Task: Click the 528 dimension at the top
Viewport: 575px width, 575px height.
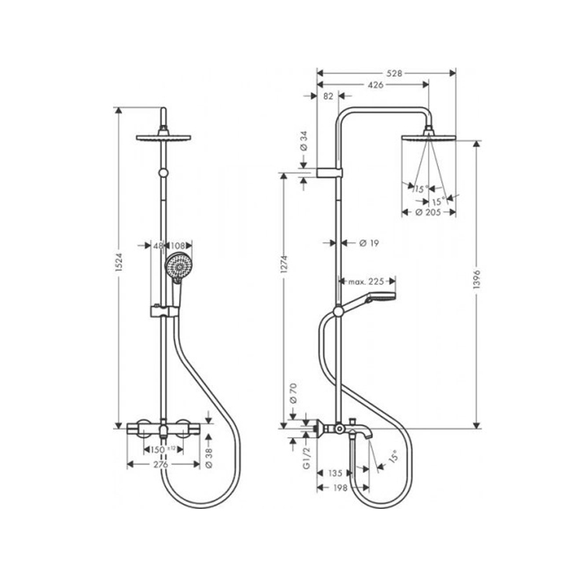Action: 394,73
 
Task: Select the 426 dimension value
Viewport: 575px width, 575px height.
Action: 375,85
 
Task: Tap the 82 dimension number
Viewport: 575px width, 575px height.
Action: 328,96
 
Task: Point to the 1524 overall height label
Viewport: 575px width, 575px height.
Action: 119,262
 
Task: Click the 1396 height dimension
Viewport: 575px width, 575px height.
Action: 477,280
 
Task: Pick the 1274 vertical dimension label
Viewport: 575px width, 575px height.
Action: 284,264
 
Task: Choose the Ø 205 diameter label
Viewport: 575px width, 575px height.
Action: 428,212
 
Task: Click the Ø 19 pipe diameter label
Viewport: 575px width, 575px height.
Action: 369,243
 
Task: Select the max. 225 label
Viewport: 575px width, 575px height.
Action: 366,282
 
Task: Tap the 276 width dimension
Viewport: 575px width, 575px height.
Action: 160,464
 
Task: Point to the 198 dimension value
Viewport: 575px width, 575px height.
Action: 340,488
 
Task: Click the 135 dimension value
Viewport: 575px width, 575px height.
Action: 335,473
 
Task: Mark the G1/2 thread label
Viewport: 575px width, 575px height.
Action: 307,458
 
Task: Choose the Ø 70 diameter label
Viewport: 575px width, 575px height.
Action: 293,393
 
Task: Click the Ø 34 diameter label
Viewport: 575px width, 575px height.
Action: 303,141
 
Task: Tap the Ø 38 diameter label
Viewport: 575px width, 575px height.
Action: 208,459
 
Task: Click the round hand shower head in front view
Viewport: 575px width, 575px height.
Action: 178,266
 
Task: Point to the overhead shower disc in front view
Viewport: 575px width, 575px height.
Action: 164,138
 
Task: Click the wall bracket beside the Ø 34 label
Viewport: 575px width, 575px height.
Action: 329,172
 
